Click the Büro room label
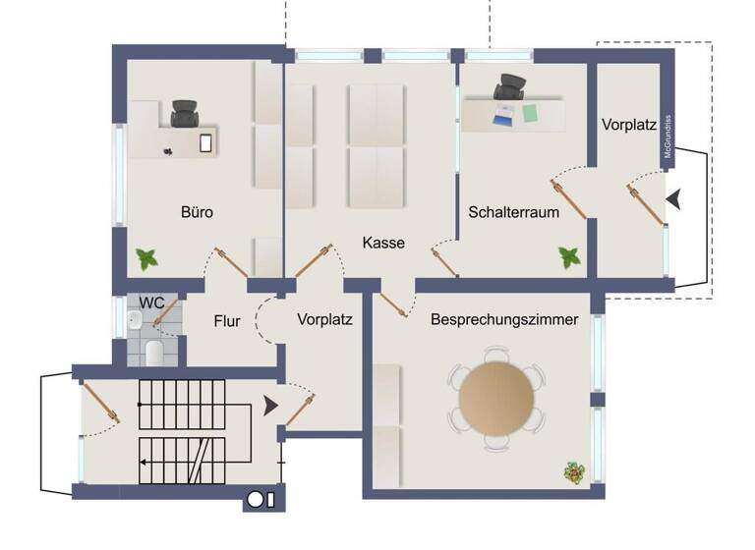[x=197, y=211]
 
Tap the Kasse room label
[x=383, y=243]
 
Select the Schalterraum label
[x=514, y=211]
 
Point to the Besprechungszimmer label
[x=504, y=319]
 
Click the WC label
[x=150, y=302]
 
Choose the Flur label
[x=227, y=319]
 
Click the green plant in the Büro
[x=147, y=259]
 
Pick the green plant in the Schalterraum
[x=569, y=257]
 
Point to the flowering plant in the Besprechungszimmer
[x=573, y=472]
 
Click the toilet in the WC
[x=153, y=351]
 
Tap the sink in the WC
[x=135, y=320]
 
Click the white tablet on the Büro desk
[x=205, y=142]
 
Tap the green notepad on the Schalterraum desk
[x=532, y=112]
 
